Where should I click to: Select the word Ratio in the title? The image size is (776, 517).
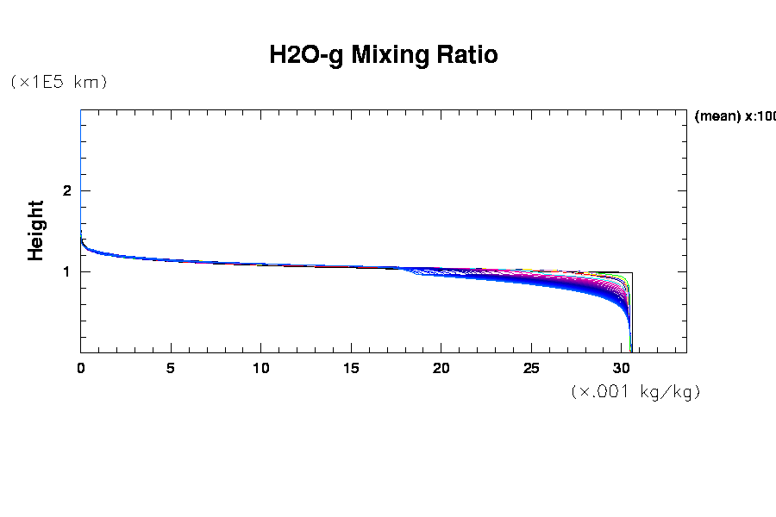tap(468, 56)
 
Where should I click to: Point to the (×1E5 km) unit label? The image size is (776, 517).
tap(58, 82)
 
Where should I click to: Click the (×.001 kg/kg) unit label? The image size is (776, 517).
tap(635, 392)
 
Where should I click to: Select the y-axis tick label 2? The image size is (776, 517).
tap(66, 191)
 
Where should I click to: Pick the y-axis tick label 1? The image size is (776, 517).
tap(66, 272)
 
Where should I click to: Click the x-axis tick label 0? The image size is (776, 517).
tap(81, 369)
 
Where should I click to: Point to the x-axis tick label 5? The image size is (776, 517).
tap(171, 369)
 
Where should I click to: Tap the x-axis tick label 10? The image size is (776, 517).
tap(261, 369)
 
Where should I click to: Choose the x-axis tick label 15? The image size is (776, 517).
tap(351, 369)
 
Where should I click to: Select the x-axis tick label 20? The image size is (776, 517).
tap(441, 369)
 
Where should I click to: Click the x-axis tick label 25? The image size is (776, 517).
tap(531, 369)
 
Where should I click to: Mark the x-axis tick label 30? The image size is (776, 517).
tap(622, 369)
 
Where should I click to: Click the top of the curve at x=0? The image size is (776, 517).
tap(81, 233)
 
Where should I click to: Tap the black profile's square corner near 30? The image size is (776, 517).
tap(632, 272)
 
